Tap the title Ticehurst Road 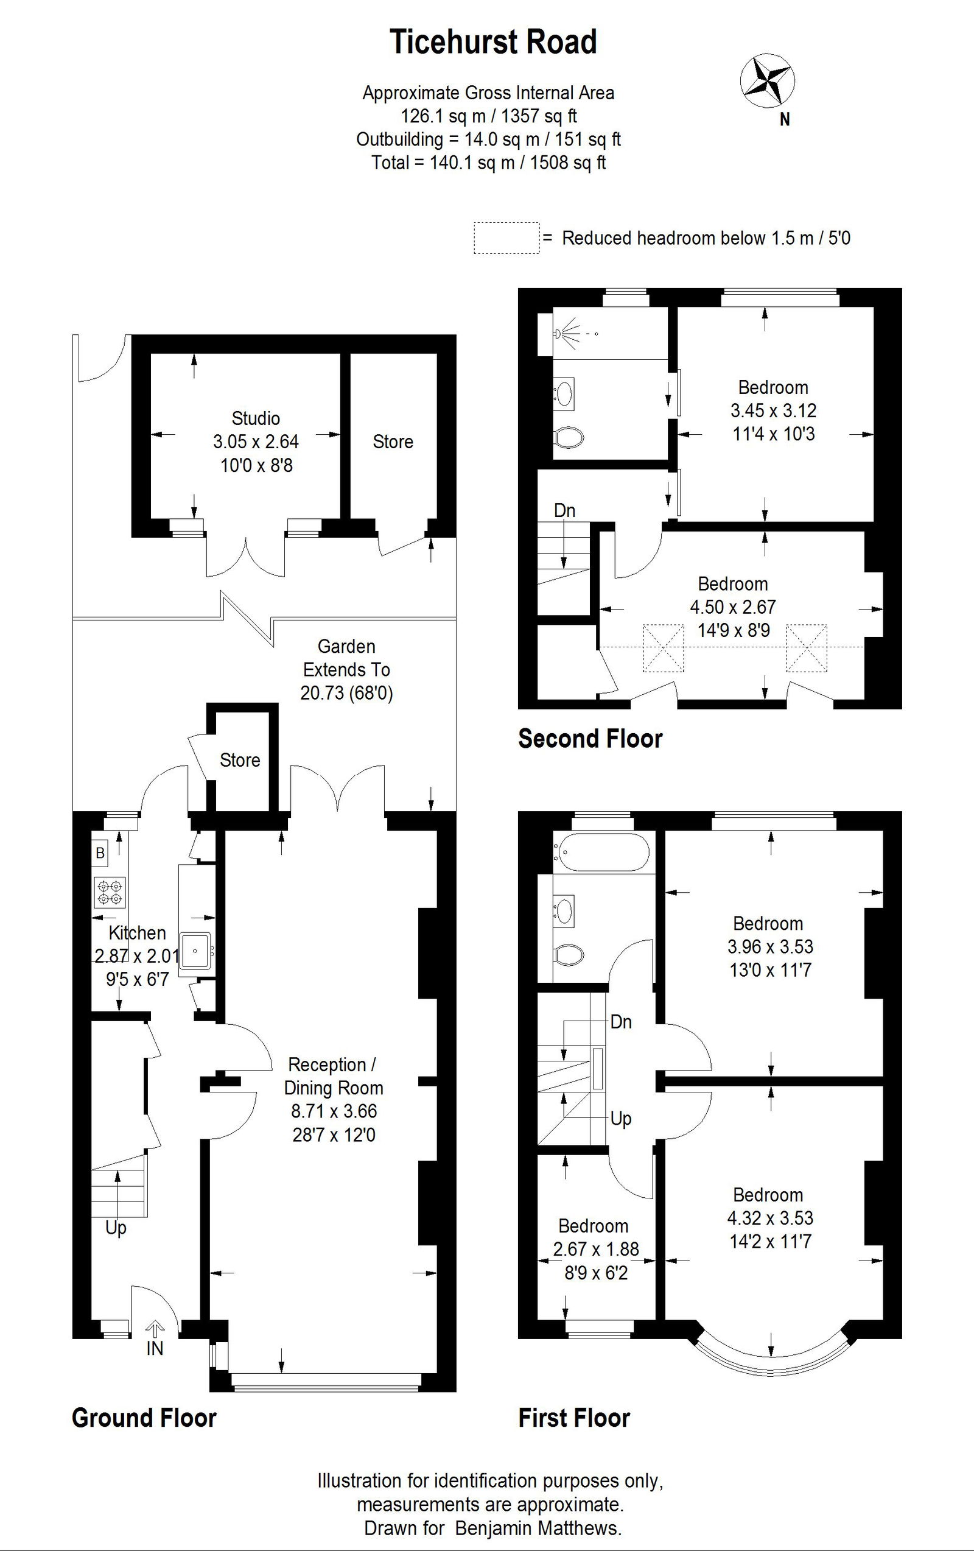coord(493,42)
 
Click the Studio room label coord(256,419)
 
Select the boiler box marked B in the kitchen coord(100,853)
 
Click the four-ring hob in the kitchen coord(110,892)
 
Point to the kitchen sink coord(195,951)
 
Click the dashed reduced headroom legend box coord(506,238)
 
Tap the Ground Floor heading coord(144,1418)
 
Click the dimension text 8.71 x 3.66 coord(334,1111)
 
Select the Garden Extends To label coord(346,658)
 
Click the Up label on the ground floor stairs coord(116,1228)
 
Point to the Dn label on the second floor coord(564,511)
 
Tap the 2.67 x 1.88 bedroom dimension coord(596,1250)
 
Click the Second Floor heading coord(590,739)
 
